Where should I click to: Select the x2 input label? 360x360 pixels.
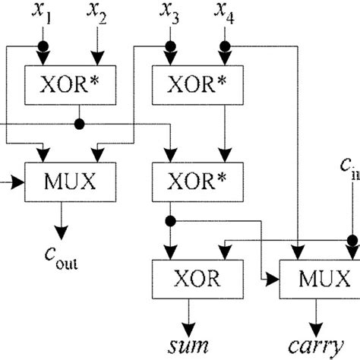96,13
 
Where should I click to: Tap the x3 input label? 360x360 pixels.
168,13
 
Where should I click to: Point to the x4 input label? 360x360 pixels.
226,13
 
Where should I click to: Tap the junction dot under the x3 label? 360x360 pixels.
169,46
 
